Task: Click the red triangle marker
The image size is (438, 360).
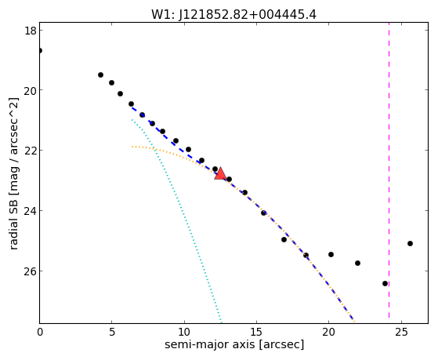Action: click(220, 173)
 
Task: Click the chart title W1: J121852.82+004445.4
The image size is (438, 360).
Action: click(233, 14)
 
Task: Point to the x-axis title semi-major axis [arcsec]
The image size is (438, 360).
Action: click(234, 344)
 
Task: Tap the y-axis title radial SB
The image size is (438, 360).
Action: click(13, 223)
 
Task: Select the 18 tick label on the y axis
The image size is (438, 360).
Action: click(31, 31)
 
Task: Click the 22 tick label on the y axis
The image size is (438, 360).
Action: click(31, 151)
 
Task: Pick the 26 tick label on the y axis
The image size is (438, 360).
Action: click(31, 271)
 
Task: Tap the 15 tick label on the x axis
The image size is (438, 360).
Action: click(256, 332)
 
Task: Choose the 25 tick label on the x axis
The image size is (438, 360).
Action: click(401, 332)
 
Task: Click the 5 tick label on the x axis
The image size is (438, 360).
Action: click(112, 332)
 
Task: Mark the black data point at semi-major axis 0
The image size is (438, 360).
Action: click(40, 51)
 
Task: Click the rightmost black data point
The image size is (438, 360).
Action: click(410, 243)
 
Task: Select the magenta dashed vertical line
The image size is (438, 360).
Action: click(389, 173)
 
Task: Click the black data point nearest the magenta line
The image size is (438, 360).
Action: click(385, 283)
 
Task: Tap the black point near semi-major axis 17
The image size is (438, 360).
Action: click(284, 239)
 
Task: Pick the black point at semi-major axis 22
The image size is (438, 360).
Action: click(357, 263)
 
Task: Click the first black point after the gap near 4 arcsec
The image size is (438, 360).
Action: click(100, 75)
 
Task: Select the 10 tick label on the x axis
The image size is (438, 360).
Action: click(184, 332)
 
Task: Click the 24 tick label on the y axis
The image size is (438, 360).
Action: click(31, 210)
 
